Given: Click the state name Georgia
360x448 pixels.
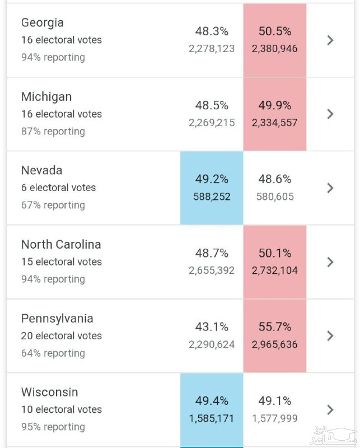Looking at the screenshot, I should click(x=43, y=23).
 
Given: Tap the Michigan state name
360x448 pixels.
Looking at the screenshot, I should click(x=46, y=97).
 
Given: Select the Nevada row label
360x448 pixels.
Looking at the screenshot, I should click(x=42, y=170).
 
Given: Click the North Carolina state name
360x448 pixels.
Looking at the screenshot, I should click(x=61, y=244).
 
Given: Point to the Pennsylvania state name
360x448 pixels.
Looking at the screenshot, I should click(x=57, y=319).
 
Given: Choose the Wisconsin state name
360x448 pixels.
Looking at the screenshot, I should click(x=50, y=392).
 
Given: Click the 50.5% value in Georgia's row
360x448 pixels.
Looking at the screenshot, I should click(x=275, y=31).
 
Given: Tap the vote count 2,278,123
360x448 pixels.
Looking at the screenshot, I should click(x=212, y=49).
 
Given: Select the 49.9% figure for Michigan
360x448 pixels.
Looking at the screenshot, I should click(x=275, y=105).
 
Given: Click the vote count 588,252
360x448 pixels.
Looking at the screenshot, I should click(x=212, y=197).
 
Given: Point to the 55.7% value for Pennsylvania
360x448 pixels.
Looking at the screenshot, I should click(x=275, y=327).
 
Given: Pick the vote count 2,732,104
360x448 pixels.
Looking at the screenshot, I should click(x=275, y=270).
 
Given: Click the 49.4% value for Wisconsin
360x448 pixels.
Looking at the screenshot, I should click(x=212, y=401).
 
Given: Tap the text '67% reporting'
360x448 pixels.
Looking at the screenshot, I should click(x=53, y=205).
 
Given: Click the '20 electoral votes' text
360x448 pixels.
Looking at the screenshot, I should click(x=62, y=336).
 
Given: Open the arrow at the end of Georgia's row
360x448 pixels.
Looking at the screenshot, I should click(x=330, y=40).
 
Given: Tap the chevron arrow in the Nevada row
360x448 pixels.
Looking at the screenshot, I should click(x=330, y=188).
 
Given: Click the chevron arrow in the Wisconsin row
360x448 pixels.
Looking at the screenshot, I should click(x=330, y=409).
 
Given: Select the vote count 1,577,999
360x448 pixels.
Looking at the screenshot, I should click(x=275, y=418).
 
